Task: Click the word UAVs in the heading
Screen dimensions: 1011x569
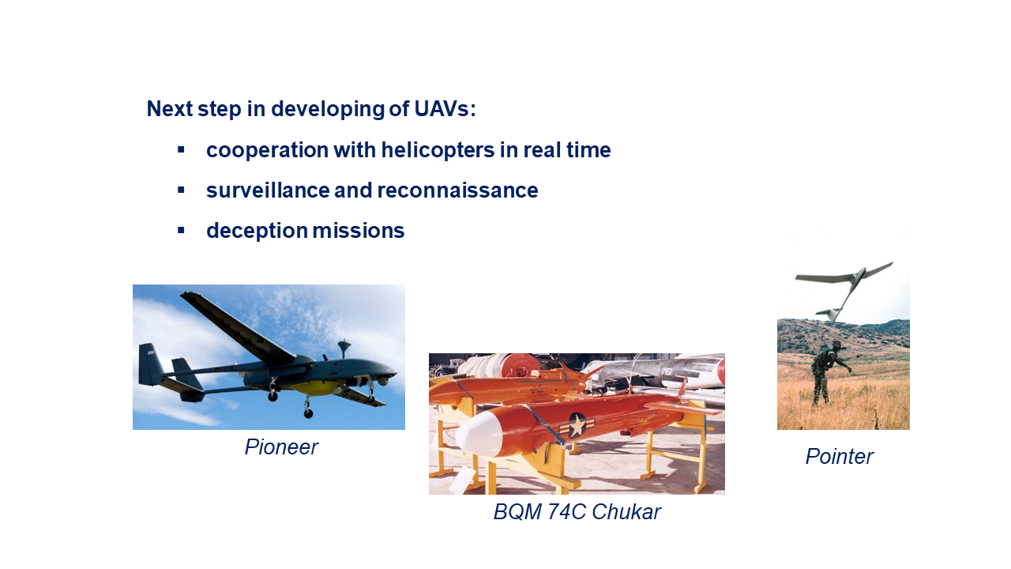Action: pos(445,109)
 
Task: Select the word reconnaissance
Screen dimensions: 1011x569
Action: pos(457,190)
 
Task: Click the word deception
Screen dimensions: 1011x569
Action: pos(257,231)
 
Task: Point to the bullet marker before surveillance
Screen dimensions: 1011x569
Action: pos(181,190)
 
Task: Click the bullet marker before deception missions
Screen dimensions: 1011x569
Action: pos(181,231)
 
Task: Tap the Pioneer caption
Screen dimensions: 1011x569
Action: pos(281,447)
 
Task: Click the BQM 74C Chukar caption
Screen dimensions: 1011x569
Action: pos(577,512)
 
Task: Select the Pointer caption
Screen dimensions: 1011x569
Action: pos(839,456)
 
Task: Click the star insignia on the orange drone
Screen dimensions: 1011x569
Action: pos(577,425)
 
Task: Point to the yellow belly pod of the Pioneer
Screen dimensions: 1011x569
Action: pos(316,386)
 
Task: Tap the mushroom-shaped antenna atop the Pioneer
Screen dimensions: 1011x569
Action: pos(344,348)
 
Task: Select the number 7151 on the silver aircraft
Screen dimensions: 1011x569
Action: pos(666,372)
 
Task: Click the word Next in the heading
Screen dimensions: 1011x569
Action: pos(170,109)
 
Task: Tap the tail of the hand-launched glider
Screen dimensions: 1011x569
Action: pos(829,314)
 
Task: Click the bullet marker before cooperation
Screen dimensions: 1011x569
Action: pos(181,149)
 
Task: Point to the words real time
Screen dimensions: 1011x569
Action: pos(567,149)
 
